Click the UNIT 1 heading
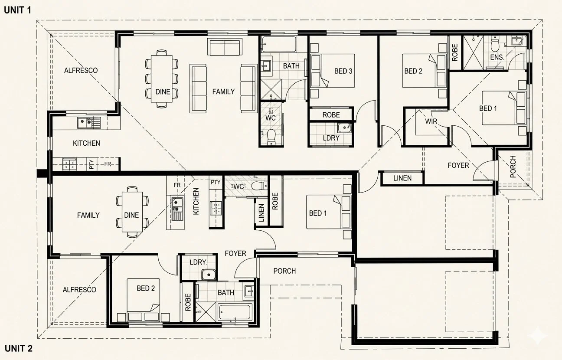17,10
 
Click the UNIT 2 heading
19,348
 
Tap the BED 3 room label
343,71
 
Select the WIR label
431,121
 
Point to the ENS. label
497,57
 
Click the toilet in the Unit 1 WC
271,137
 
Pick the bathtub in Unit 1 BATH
278,44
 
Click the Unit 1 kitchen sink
89,123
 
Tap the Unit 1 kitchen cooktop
69,164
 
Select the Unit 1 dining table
162,79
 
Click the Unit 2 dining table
132,212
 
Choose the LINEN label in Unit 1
402,178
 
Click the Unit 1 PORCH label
513,167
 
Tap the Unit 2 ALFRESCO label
79,290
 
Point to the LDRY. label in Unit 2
199,262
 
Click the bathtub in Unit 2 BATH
235,312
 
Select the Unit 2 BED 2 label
146,288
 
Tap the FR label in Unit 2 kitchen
177,185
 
